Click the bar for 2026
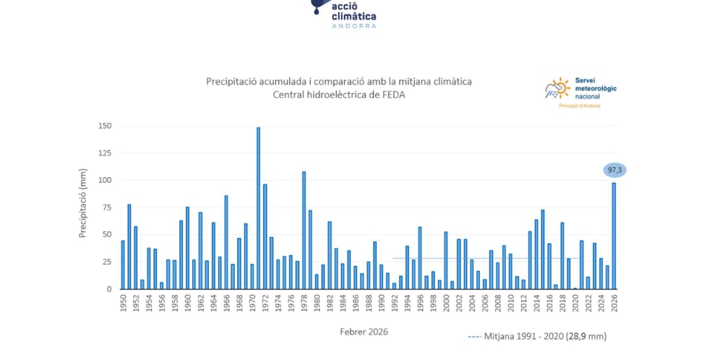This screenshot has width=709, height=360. point(614,236)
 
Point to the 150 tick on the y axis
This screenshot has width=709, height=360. point(105,126)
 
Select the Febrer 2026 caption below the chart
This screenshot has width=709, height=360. point(364,332)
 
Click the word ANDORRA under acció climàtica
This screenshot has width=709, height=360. point(354,26)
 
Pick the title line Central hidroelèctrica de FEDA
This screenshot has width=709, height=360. point(339,95)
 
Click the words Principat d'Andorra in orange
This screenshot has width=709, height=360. point(580,106)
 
